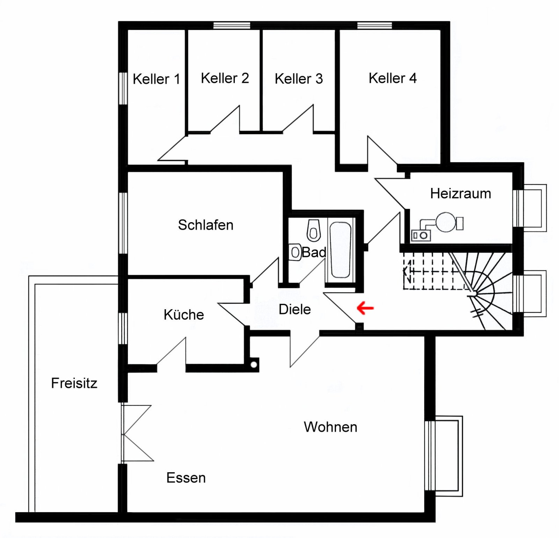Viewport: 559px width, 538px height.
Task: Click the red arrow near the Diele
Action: click(x=365, y=308)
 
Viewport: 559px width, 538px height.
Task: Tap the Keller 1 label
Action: click(x=156, y=79)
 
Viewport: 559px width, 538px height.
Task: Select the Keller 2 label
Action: click(x=225, y=78)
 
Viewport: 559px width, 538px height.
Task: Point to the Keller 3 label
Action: click(x=299, y=79)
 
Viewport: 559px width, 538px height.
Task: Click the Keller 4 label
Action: click(x=392, y=78)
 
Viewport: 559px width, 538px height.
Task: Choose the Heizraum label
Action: click(x=460, y=193)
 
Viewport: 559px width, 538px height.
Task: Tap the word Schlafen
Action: click(x=205, y=225)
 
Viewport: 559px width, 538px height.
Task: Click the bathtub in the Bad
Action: click(x=340, y=250)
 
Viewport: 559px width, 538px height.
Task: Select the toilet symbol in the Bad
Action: click(x=314, y=230)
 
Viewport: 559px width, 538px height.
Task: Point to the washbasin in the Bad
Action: click(x=295, y=252)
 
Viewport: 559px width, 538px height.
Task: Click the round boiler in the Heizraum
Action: click(x=445, y=222)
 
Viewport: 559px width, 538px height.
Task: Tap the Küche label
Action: click(x=184, y=315)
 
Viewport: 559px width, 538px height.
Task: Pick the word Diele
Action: click(x=295, y=309)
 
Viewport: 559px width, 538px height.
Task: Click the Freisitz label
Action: click(x=74, y=383)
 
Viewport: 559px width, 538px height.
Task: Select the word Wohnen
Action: click(x=330, y=427)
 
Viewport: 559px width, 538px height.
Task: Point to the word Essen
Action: click(x=186, y=478)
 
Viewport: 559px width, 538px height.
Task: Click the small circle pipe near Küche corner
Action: click(x=254, y=365)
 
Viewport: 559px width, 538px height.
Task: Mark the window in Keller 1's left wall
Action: click(x=123, y=88)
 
